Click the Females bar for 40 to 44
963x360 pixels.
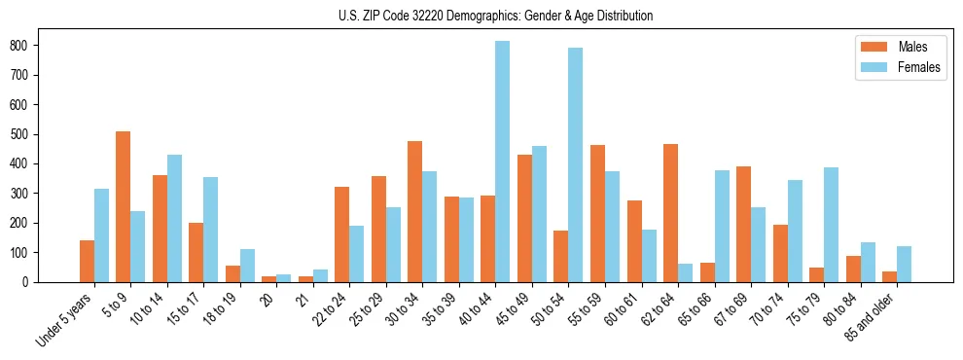pos(503,162)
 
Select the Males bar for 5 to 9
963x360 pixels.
pos(124,206)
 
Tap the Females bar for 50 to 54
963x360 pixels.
pos(576,164)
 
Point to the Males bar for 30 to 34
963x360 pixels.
pos(415,211)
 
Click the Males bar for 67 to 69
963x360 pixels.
pos(743,224)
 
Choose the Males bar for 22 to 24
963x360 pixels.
pos(342,234)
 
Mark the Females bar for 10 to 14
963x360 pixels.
pos(174,218)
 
